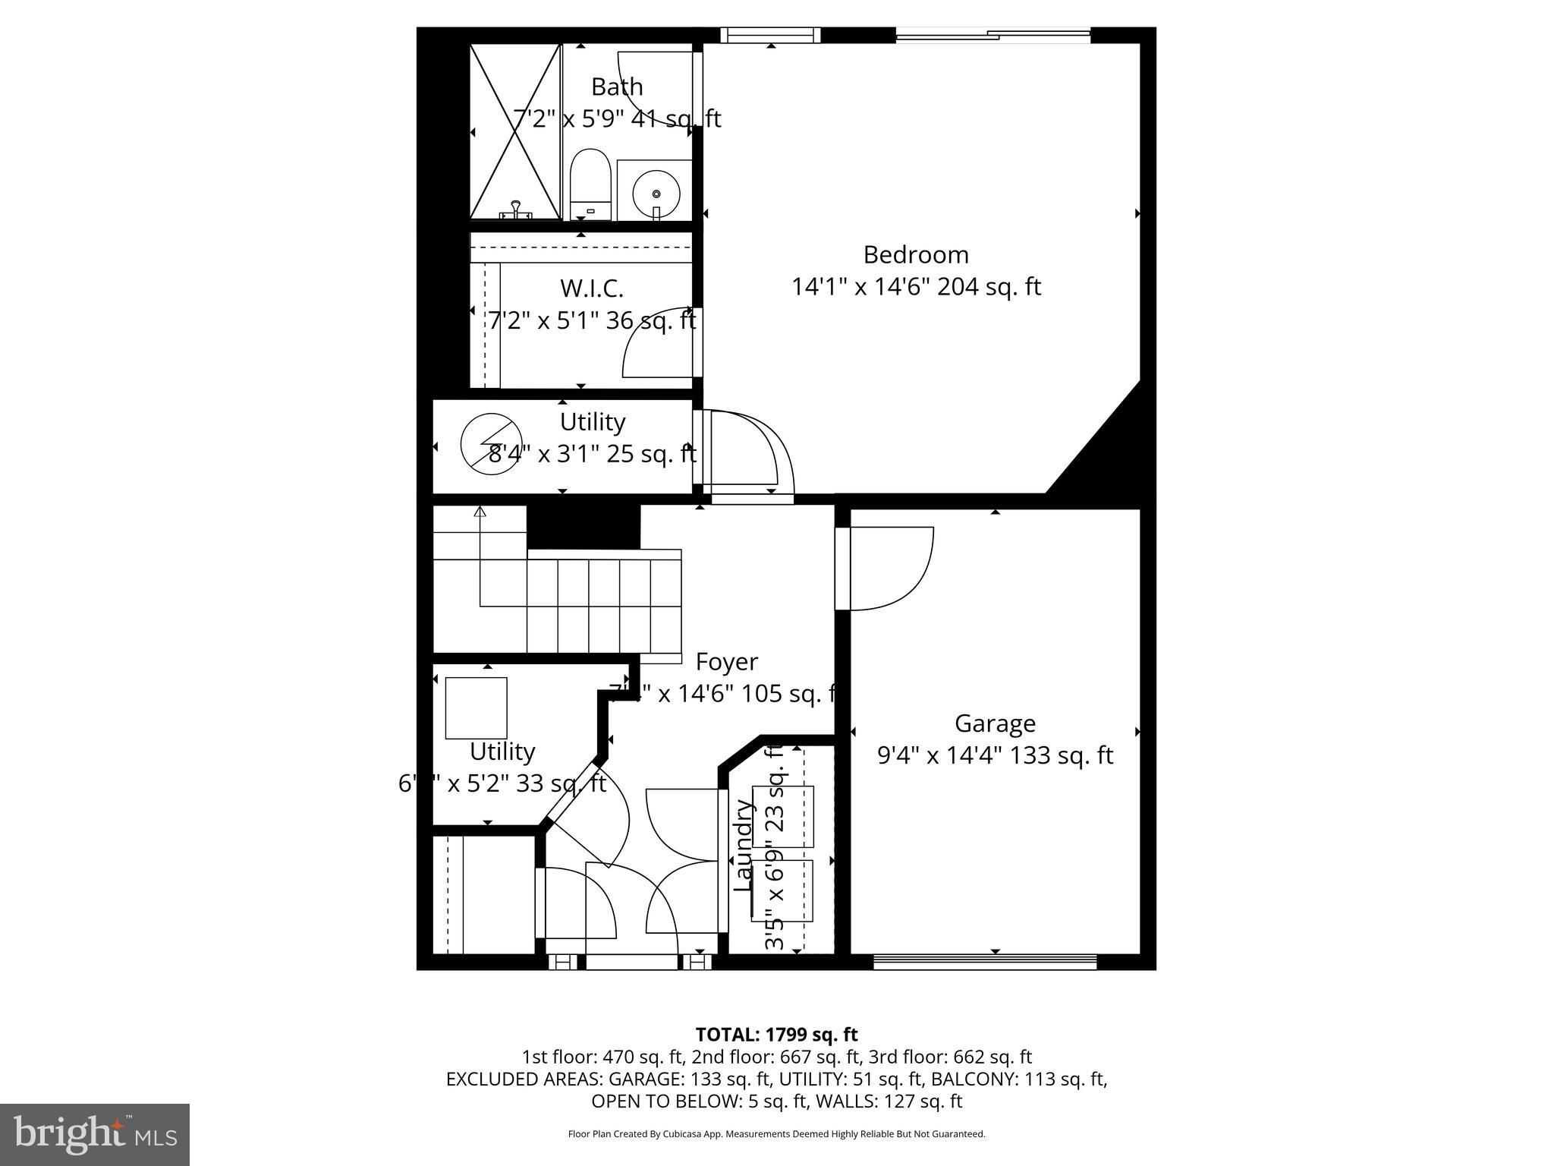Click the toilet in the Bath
point(590,184)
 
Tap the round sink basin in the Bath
point(656,194)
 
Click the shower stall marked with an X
point(515,131)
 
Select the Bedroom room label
point(916,254)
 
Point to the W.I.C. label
point(592,288)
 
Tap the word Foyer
point(726,662)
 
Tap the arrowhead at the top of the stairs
point(480,512)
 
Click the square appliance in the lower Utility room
point(476,708)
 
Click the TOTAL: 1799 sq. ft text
point(776,1034)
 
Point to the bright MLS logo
point(95,1134)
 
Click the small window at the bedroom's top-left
point(769,35)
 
